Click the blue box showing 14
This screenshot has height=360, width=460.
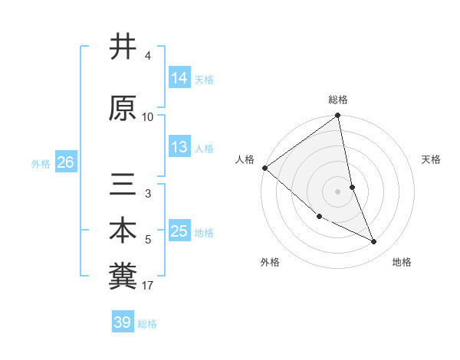[179, 77]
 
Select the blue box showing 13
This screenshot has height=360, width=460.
[179, 147]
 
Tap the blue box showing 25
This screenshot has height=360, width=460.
[179, 231]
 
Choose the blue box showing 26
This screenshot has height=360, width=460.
[66, 162]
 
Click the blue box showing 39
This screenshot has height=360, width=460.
[123, 322]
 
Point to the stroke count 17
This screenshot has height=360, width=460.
[147, 286]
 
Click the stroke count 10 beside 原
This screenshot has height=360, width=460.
[147, 116]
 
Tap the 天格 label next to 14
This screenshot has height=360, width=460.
[204, 79]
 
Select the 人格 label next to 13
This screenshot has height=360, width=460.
[204, 149]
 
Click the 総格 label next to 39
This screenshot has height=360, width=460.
[147, 324]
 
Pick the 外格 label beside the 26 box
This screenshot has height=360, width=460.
[41, 164]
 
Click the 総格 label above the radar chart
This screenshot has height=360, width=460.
[338, 100]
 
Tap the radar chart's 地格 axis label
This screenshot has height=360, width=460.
[402, 263]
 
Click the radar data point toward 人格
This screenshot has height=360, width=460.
[264, 168]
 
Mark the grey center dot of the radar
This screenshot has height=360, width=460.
[337, 191]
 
